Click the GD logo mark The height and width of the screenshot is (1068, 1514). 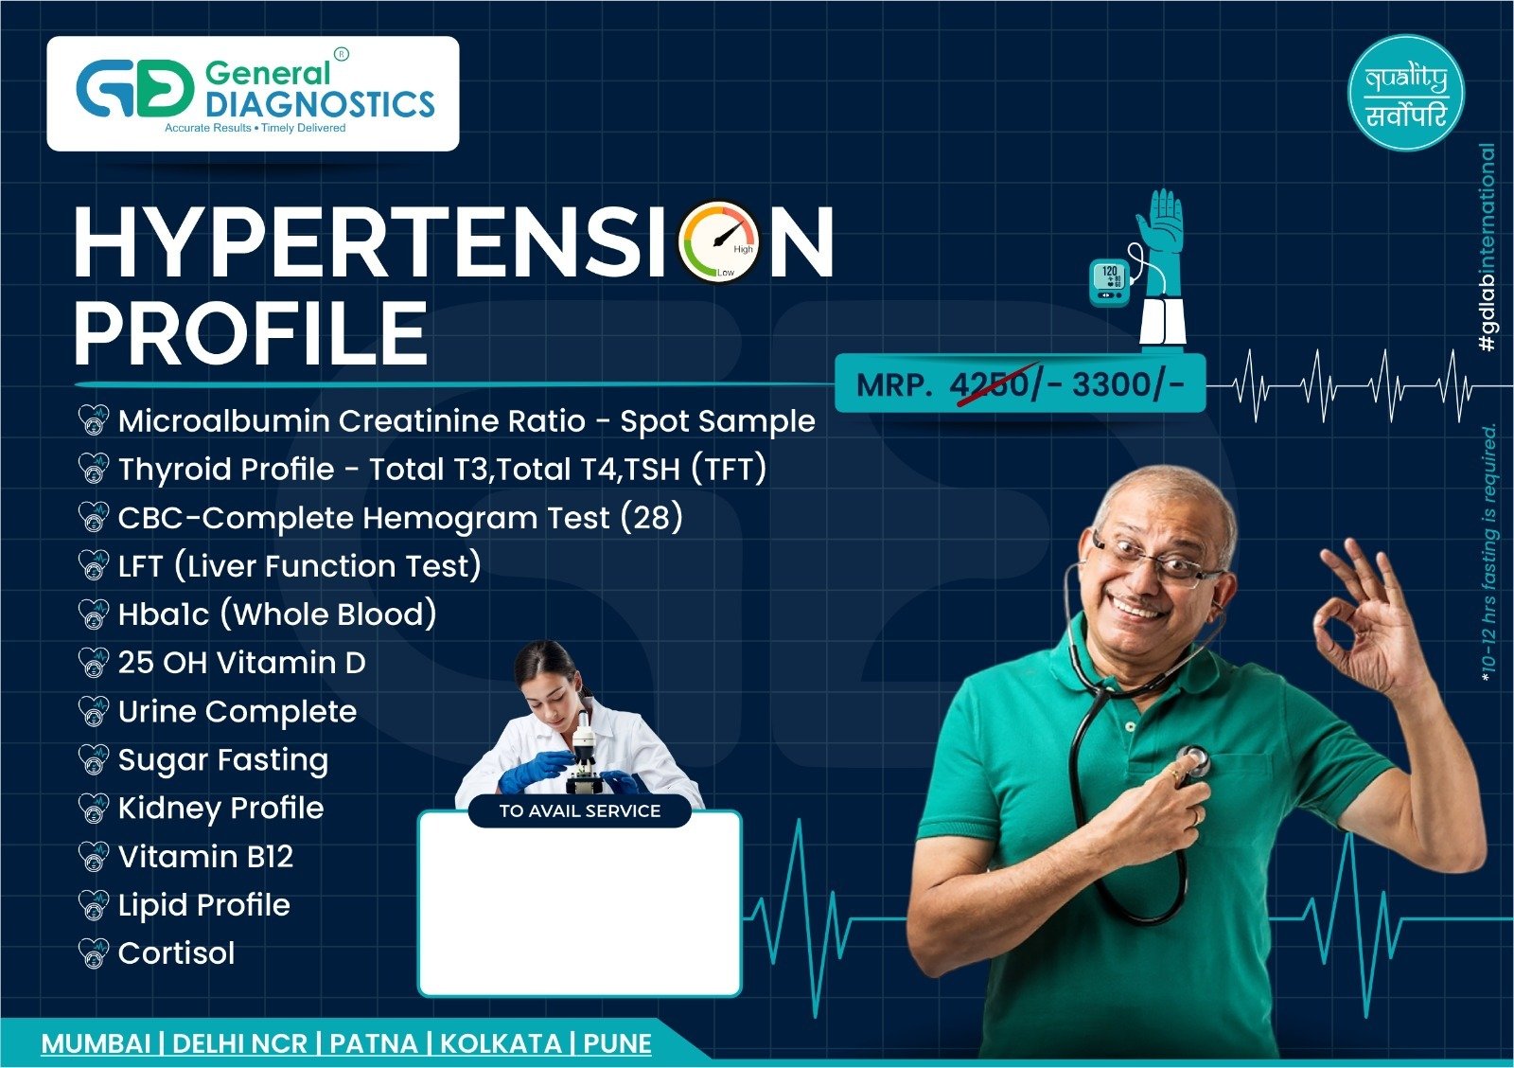pyautogui.click(x=134, y=89)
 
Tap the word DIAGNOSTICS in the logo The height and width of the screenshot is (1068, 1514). pyautogui.click(x=320, y=104)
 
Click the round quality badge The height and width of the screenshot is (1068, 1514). pyautogui.click(x=1406, y=93)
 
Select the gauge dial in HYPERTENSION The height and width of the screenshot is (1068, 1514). pyautogui.click(x=719, y=240)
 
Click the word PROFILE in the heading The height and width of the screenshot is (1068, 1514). pyautogui.click(x=251, y=333)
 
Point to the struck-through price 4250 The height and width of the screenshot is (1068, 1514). pyautogui.click(x=989, y=384)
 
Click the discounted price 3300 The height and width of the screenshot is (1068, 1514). pyautogui.click(x=1111, y=384)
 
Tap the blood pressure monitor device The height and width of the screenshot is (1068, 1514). pyautogui.click(x=1109, y=283)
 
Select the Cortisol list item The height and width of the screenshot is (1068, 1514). pyautogui.click(x=176, y=953)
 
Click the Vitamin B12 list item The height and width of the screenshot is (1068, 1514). pyautogui.click(x=205, y=857)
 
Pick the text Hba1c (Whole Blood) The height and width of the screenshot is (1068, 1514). pyautogui.click(x=277, y=614)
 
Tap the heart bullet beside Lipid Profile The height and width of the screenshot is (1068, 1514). pyautogui.click(x=94, y=905)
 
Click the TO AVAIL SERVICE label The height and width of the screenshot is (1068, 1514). pyautogui.click(x=580, y=811)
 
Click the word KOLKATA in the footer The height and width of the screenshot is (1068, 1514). pyautogui.click(x=501, y=1043)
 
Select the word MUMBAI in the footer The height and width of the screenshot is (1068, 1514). pyautogui.click(x=96, y=1043)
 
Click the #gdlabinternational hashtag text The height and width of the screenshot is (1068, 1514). pyautogui.click(x=1487, y=247)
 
